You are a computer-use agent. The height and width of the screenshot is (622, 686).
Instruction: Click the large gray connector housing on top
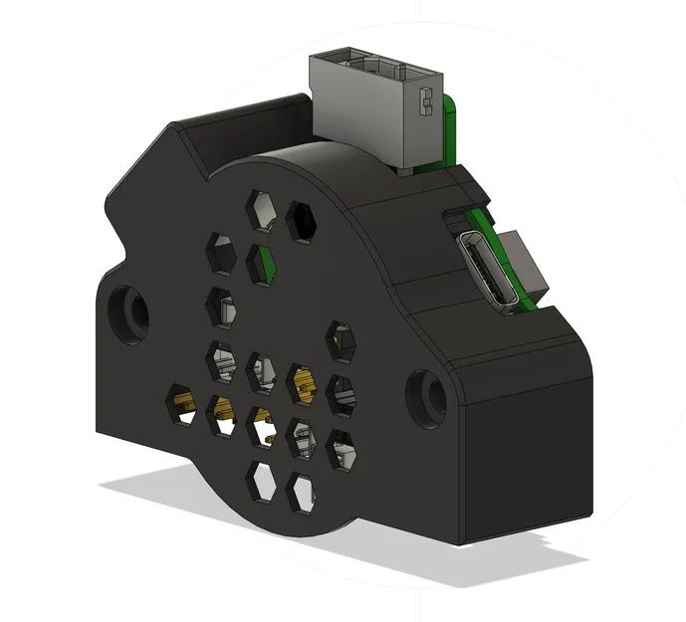pos(373,109)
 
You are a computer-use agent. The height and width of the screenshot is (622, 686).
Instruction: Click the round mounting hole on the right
pos(422,393)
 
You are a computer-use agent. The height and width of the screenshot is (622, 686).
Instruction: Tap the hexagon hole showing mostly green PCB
pos(261,263)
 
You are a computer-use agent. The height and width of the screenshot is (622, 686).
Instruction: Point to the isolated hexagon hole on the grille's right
pos(342,340)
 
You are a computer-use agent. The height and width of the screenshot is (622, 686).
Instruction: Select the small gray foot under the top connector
pos(406,169)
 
